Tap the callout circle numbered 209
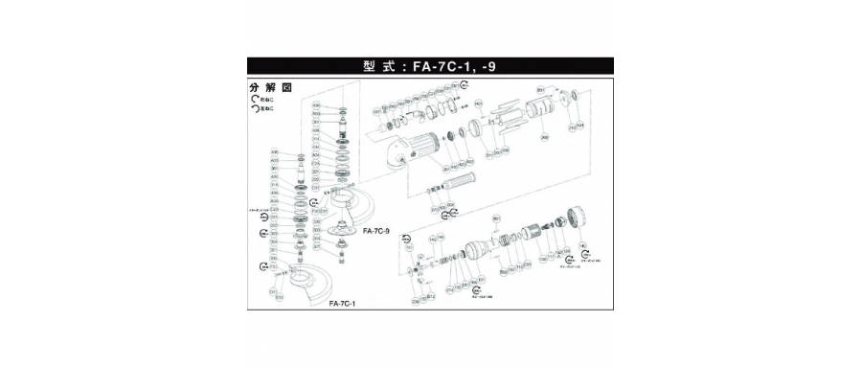(545, 138)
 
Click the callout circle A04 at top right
(581, 126)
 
